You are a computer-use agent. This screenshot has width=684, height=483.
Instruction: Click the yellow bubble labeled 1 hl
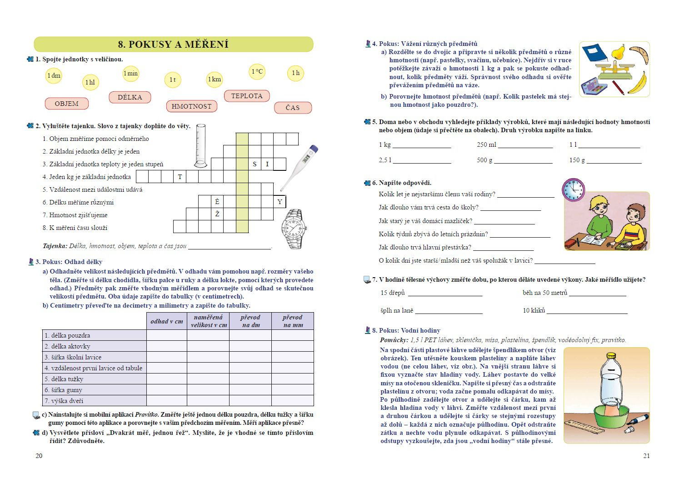(90, 82)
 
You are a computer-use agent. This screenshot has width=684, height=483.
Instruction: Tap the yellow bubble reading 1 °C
(257, 71)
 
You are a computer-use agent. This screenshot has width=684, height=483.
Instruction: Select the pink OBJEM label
(66, 104)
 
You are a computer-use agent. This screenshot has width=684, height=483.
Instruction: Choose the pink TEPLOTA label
(247, 96)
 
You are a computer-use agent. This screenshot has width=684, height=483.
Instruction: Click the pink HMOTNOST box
(191, 106)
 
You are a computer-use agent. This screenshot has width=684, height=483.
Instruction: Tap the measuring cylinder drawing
(200, 145)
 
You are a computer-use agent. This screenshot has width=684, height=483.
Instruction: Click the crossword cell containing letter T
(180, 177)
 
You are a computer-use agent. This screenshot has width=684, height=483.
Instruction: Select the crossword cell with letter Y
(280, 202)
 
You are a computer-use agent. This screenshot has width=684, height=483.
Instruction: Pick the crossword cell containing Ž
(217, 214)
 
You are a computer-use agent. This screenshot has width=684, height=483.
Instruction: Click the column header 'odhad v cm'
(166, 321)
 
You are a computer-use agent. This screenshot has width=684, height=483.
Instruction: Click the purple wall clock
(573, 189)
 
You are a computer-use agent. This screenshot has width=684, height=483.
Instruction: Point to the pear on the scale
(618, 52)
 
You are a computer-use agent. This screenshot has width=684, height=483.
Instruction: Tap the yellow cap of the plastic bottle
(611, 356)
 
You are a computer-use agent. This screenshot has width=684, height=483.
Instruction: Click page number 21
(646, 456)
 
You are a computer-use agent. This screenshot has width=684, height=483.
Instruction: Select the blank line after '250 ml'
(525, 147)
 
